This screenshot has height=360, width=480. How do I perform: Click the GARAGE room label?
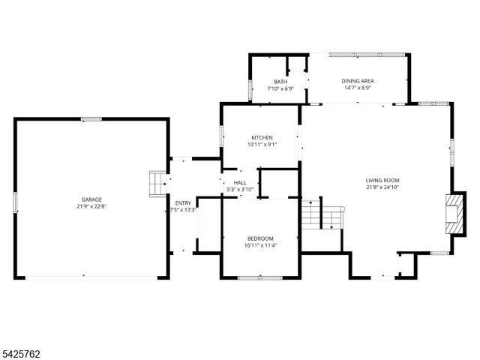point(92,199)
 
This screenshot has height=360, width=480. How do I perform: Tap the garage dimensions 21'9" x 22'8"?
point(92,207)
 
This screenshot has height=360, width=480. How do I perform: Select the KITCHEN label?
point(262,137)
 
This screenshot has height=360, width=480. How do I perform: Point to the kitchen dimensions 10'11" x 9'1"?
point(262,145)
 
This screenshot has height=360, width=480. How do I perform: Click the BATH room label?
point(280,82)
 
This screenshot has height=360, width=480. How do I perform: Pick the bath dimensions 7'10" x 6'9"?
point(280,89)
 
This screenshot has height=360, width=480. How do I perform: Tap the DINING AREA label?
point(357,81)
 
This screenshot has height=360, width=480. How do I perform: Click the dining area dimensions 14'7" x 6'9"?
point(357,88)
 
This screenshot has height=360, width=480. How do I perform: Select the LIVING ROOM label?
point(382,180)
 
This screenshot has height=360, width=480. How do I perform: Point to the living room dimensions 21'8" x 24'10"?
point(382,187)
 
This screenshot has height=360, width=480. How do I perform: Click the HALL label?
point(240,182)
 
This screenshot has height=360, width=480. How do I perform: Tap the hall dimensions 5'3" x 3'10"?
point(240,190)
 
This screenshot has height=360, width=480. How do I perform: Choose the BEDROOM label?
point(260,238)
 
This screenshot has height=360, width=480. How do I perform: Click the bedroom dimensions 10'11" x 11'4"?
point(260,245)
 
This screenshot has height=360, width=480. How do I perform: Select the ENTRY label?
point(183,203)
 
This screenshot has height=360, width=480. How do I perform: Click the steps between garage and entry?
point(156,182)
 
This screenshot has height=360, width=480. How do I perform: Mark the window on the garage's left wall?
point(15,202)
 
